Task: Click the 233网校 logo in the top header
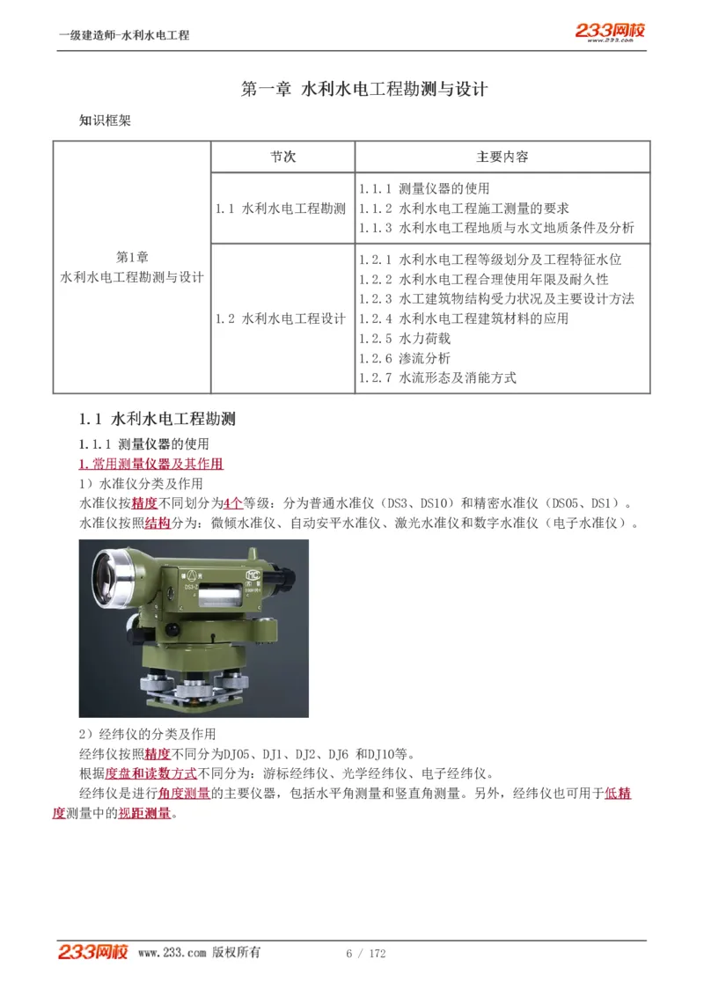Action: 610,31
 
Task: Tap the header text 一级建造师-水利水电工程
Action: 124,35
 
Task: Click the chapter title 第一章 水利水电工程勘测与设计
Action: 364,89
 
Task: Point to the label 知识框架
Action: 105,121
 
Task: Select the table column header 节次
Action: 282,157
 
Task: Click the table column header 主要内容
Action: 502,157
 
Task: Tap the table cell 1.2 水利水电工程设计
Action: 281,319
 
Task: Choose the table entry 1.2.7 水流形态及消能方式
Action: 437,377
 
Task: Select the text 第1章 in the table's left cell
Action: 132,257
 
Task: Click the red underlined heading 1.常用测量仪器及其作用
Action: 150,464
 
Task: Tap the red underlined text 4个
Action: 233,503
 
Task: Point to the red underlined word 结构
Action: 158,524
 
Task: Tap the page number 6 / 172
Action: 366,954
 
